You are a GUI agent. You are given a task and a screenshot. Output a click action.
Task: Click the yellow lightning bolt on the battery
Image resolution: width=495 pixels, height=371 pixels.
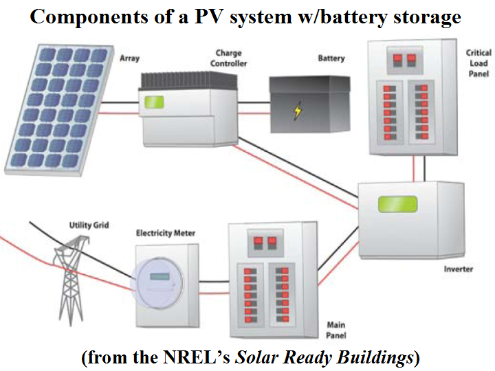point(298,111)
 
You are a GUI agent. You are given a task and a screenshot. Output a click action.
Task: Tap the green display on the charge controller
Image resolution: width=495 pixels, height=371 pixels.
point(154,102)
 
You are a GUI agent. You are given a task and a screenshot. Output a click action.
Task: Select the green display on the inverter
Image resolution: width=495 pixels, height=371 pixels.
point(398,204)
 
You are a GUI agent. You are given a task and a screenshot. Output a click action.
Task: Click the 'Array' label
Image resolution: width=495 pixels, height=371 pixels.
point(129,58)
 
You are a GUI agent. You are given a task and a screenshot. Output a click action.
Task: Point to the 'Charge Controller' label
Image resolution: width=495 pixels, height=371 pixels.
point(228,58)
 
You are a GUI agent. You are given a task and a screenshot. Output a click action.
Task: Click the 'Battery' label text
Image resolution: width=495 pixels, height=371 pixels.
point(331,58)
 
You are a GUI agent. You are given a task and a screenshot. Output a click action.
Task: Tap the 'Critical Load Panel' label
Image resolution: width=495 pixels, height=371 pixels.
point(478,63)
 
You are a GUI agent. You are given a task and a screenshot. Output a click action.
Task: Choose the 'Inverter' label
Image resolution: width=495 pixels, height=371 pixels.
point(459,269)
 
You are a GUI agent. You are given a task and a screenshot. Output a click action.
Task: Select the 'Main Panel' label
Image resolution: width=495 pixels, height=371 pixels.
point(336,330)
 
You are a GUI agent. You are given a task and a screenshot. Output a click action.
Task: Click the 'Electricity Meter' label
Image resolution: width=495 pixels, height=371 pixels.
point(166,233)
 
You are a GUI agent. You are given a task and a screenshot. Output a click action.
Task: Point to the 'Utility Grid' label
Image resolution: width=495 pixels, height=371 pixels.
point(89,225)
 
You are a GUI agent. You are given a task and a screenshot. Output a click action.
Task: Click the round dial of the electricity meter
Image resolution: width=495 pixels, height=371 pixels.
point(157,283)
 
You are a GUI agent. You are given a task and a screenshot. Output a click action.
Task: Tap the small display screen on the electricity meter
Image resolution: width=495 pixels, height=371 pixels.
point(159,277)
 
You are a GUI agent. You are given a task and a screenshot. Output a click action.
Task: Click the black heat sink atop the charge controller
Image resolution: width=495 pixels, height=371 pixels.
point(189,82)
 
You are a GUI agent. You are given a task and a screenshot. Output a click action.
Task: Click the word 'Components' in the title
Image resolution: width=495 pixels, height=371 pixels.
point(89,17)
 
